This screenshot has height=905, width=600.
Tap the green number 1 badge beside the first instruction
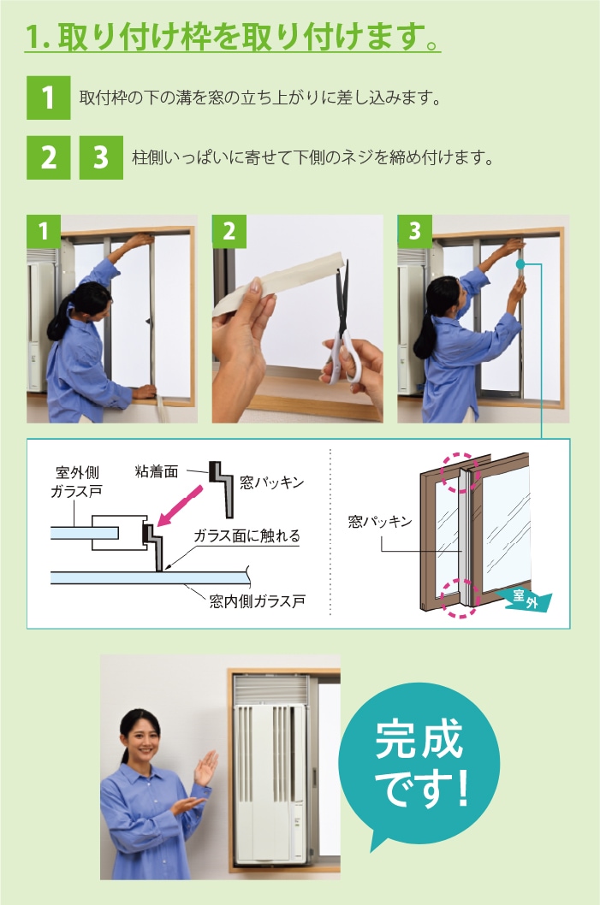pyautogui.click(x=49, y=98)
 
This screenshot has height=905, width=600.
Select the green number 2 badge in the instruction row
pyautogui.click(x=49, y=157)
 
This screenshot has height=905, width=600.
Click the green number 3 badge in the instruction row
pyautogui.click(x=101, y=157)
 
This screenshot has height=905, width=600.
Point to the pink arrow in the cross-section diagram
pyautogui.click(x=180, y=506)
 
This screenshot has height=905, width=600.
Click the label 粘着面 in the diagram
pyautogui.click(x=156, y=471)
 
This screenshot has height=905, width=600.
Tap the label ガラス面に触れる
pyautogui.click(x=247, y=535)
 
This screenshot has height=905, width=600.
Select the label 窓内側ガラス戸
pyautogui.click(x=257, y=601)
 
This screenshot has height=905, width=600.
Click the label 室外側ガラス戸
pyautogui.click(x=77, y=482)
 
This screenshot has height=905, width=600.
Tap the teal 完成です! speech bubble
pyautogui.click(x=419, y=764)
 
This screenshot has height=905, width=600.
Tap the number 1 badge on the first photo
pyautogui.click(x=44, y=232)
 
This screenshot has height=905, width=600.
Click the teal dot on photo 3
pyautogui.click(x=520, y=264)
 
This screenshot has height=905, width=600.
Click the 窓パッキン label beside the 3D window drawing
pyautogui.click(x=380, y=522)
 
